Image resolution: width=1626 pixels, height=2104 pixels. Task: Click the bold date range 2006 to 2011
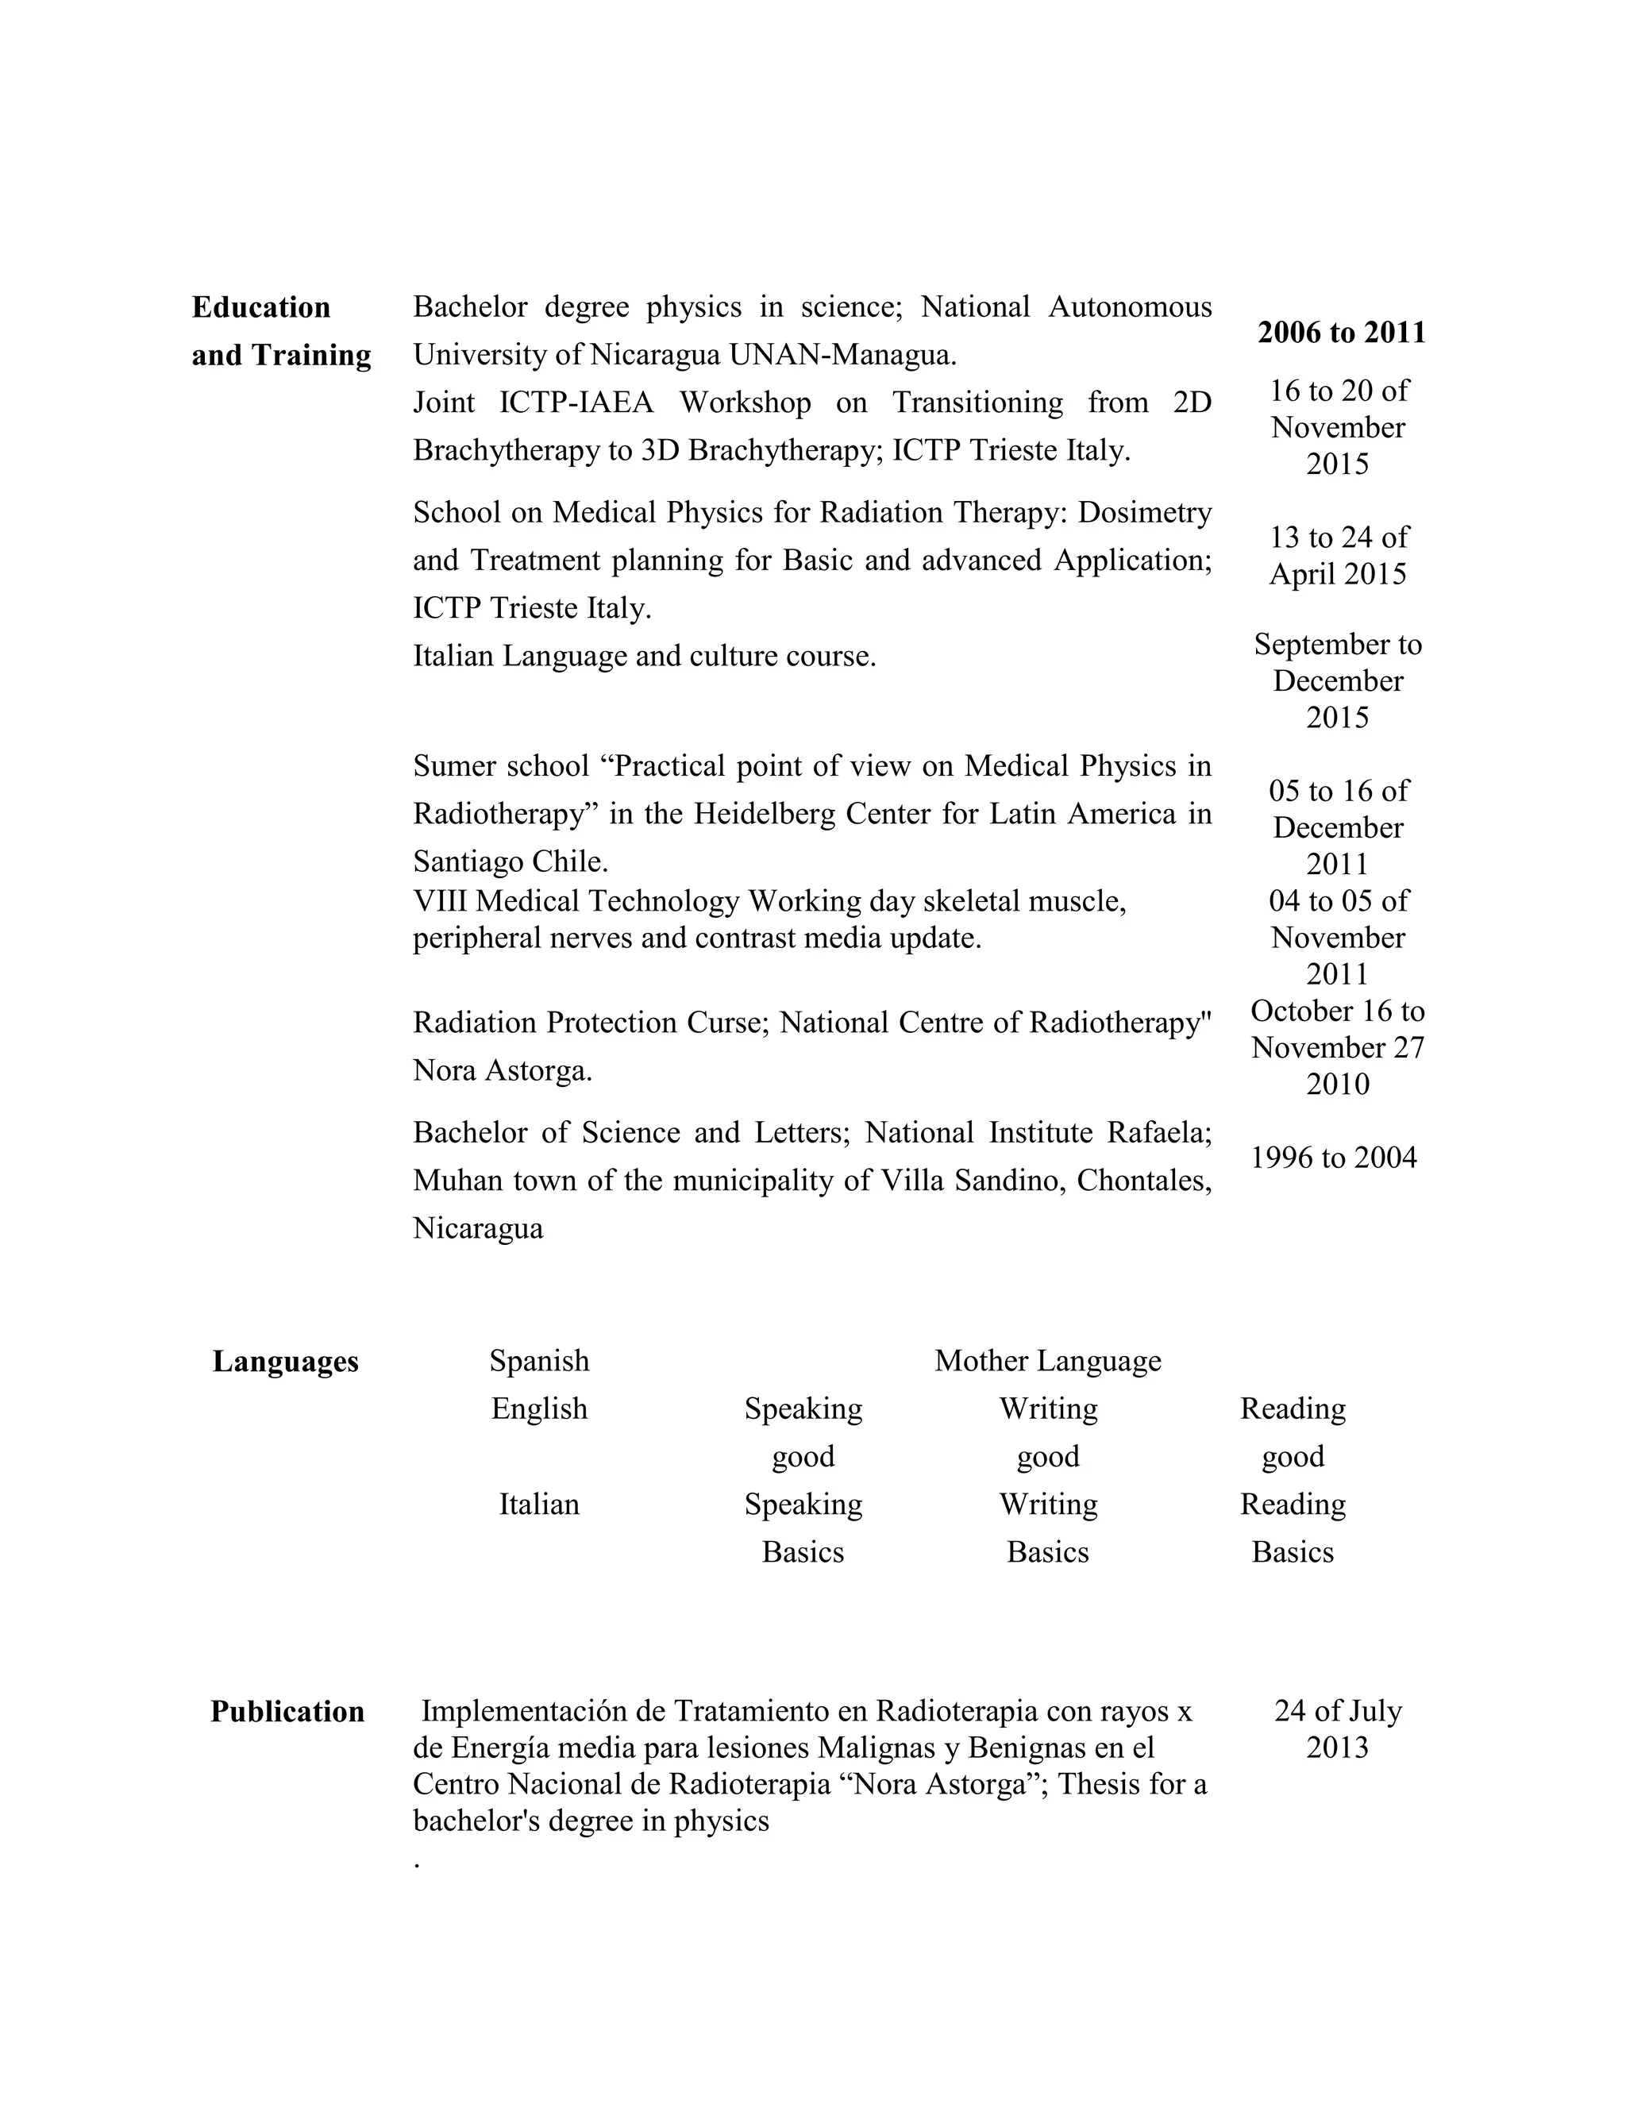(1341, 333)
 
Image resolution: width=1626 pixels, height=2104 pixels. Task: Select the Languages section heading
(285, 1361)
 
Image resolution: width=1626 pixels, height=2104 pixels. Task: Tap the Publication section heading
(287, 1712)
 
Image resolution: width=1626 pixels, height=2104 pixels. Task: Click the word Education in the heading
(261, 307)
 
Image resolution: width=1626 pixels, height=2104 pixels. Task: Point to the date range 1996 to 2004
(1333, 1157)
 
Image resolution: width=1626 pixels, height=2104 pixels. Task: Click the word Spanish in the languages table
(538, 1360)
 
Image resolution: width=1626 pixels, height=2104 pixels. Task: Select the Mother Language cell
(1047, 1360)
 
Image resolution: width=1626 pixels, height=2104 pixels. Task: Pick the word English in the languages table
(538, 1408)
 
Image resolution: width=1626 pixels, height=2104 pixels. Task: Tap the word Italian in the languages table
(538, 1504)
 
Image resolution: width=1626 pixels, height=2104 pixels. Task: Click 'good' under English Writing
(1047, 1455)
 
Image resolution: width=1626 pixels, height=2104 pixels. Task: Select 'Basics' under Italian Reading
(1292, 1552)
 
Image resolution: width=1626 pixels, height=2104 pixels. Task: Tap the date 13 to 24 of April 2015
(1337, 555)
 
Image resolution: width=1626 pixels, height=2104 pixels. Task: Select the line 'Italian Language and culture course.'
(645, 656)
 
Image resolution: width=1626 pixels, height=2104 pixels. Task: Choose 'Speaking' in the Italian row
(803, 1504)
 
